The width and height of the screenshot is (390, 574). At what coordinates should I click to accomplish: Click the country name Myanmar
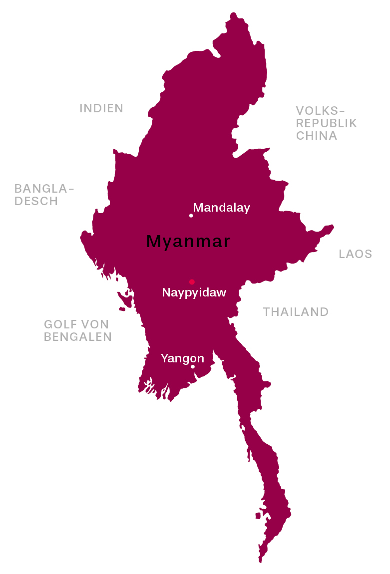188,242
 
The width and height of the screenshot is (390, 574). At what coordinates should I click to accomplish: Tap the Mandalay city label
221,208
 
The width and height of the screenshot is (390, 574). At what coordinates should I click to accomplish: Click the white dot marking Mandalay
191,216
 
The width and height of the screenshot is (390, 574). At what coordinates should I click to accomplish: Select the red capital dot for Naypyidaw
192,282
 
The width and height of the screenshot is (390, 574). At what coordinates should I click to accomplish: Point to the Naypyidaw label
194,292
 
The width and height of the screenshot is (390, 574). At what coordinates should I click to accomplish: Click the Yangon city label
182,358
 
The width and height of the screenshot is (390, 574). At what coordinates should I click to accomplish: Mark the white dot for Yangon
193,367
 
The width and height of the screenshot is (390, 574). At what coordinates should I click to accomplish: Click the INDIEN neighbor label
101,108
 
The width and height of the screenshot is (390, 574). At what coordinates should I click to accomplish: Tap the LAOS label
356,254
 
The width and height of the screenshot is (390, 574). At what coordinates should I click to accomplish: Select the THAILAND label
296,312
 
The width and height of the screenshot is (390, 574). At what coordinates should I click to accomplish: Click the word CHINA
317,136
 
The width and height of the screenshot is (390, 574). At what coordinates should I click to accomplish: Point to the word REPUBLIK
327,123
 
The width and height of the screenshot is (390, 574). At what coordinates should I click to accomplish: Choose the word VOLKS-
321,111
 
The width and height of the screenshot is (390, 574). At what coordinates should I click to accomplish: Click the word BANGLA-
44,189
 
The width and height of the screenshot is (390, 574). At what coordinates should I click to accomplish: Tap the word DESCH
36,201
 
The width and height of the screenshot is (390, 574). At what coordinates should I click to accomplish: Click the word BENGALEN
78,337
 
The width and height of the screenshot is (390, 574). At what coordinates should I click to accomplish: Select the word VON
95,324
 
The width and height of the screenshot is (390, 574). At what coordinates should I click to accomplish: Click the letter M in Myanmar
154,242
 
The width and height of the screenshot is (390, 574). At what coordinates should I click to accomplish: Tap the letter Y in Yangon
164,358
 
